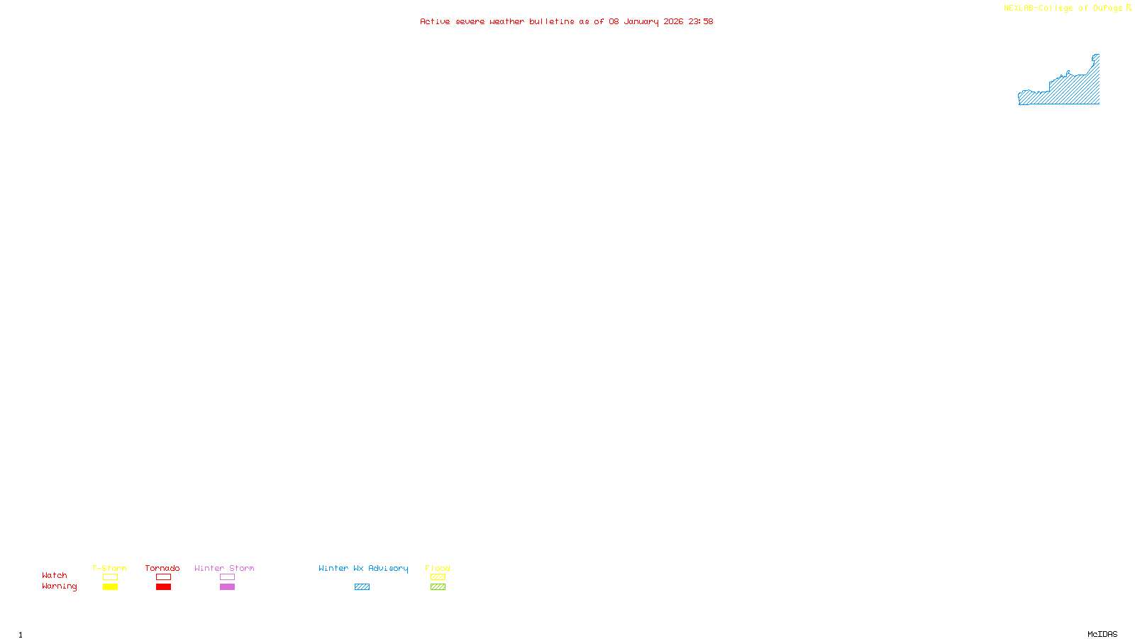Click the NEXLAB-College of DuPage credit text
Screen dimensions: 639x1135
[x=1063, y=9]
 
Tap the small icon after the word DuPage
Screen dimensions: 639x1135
[x=1129, y=8]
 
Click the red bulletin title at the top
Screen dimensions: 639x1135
[x=566, y=21]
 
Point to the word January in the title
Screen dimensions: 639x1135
[x=641, y=21]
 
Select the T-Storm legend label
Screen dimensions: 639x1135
[x=109, y=568]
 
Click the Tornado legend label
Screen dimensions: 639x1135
[x=162, y=568]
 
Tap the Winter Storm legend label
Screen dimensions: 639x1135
[x=224, y=568]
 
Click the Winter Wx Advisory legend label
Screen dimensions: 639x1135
[x=363, y=568]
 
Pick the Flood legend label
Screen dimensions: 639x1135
[x=438, y=568]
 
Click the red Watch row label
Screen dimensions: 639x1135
[x=55, y=575]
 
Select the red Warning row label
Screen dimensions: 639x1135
[x=60, y=586]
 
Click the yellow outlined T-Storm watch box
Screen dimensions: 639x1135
[x=110, y=577]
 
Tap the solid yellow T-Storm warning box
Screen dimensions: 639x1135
[x=110, y=587]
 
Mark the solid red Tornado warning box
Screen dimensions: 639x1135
[x=163, y=587]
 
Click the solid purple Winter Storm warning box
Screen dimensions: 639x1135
[x=227, y=587]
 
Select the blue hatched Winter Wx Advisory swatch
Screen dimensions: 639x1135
[x=362, y=587]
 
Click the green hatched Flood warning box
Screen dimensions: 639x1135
[x=438, y=587]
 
